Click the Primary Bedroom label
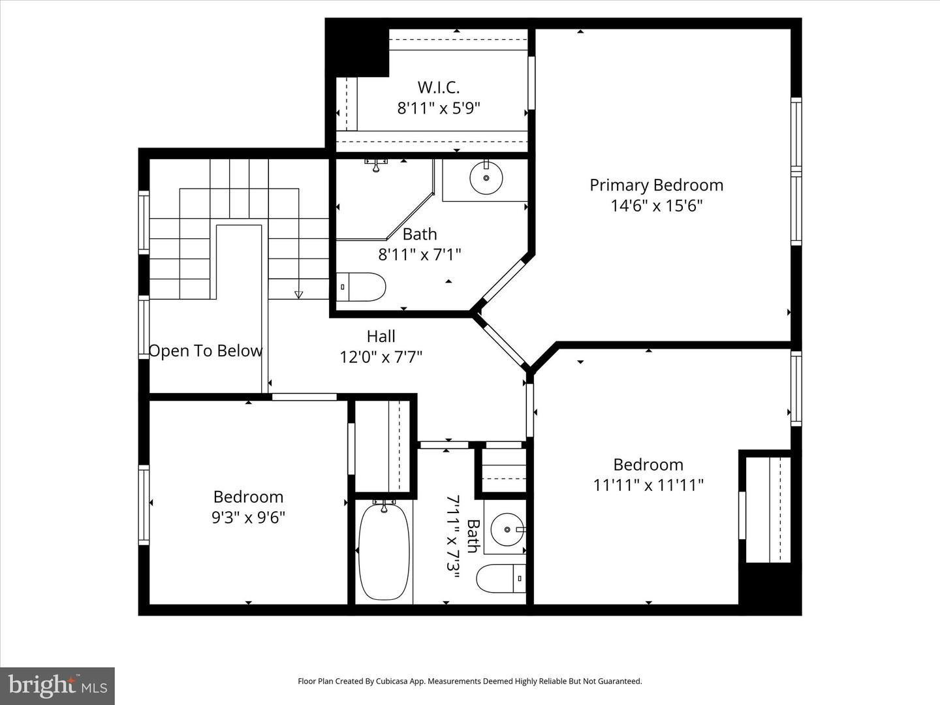click(x=656, y=185)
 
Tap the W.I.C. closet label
click(x=439, y=87)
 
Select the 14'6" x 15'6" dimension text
click(x=656, y=206)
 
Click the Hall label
click(x=381, y=336)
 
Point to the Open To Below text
click(x=206, y=351)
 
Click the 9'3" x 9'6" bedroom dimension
click(x=248, y=518)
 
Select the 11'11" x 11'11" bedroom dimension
click(x=648, y=485)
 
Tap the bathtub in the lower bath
click(x=384, y=551)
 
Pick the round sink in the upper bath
click(x=486, y=178)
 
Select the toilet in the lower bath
click(x=501, y=578)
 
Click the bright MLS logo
click(x=57, y=685)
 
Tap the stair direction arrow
click(x=299, y=295)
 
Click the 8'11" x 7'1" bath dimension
click(x=420, y=255)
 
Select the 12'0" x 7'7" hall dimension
click(x=381, y=357)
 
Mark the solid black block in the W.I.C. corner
click(x=356, y=47)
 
